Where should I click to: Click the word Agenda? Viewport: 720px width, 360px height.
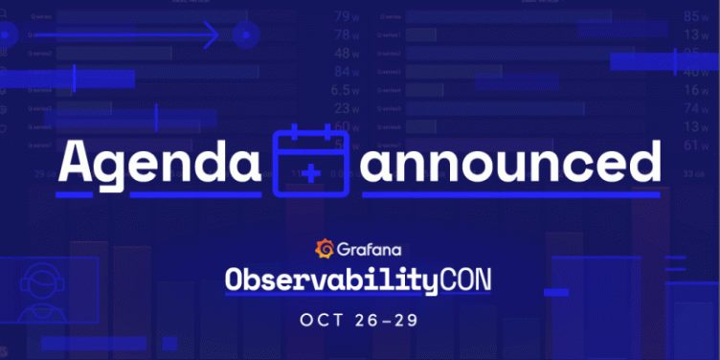pyautogui.click(x=158, y=163)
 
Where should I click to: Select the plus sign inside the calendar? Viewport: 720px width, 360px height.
pyautogui.click(x=310, y=173)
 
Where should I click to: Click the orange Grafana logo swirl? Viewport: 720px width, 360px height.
pyautogui.click(x=324, y=250)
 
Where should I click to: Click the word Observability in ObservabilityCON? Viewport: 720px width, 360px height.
pyautogui.click(x=331, y=280)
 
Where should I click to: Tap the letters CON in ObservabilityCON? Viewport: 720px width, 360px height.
pyautogui.click(x=471, y=280)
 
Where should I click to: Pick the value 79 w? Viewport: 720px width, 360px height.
pyautogui.click(x=346, y=16)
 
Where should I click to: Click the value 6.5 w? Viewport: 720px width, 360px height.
pyautogui.click(x=346, y=90)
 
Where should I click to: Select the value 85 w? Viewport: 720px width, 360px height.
pyautogui.click(x=696, y=16)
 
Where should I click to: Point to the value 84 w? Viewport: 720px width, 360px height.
pyautogui.click(x=346, y=72)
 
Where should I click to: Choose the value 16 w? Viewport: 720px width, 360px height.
pyautogui.click(x=696, y=90)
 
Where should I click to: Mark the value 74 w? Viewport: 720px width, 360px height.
pyautogui.click(x=696, y=108)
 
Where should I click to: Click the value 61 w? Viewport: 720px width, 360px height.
pyautogui.click(x=696, y=145)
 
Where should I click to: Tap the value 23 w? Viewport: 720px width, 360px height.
pyautogui.click(x=346, y=108)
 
